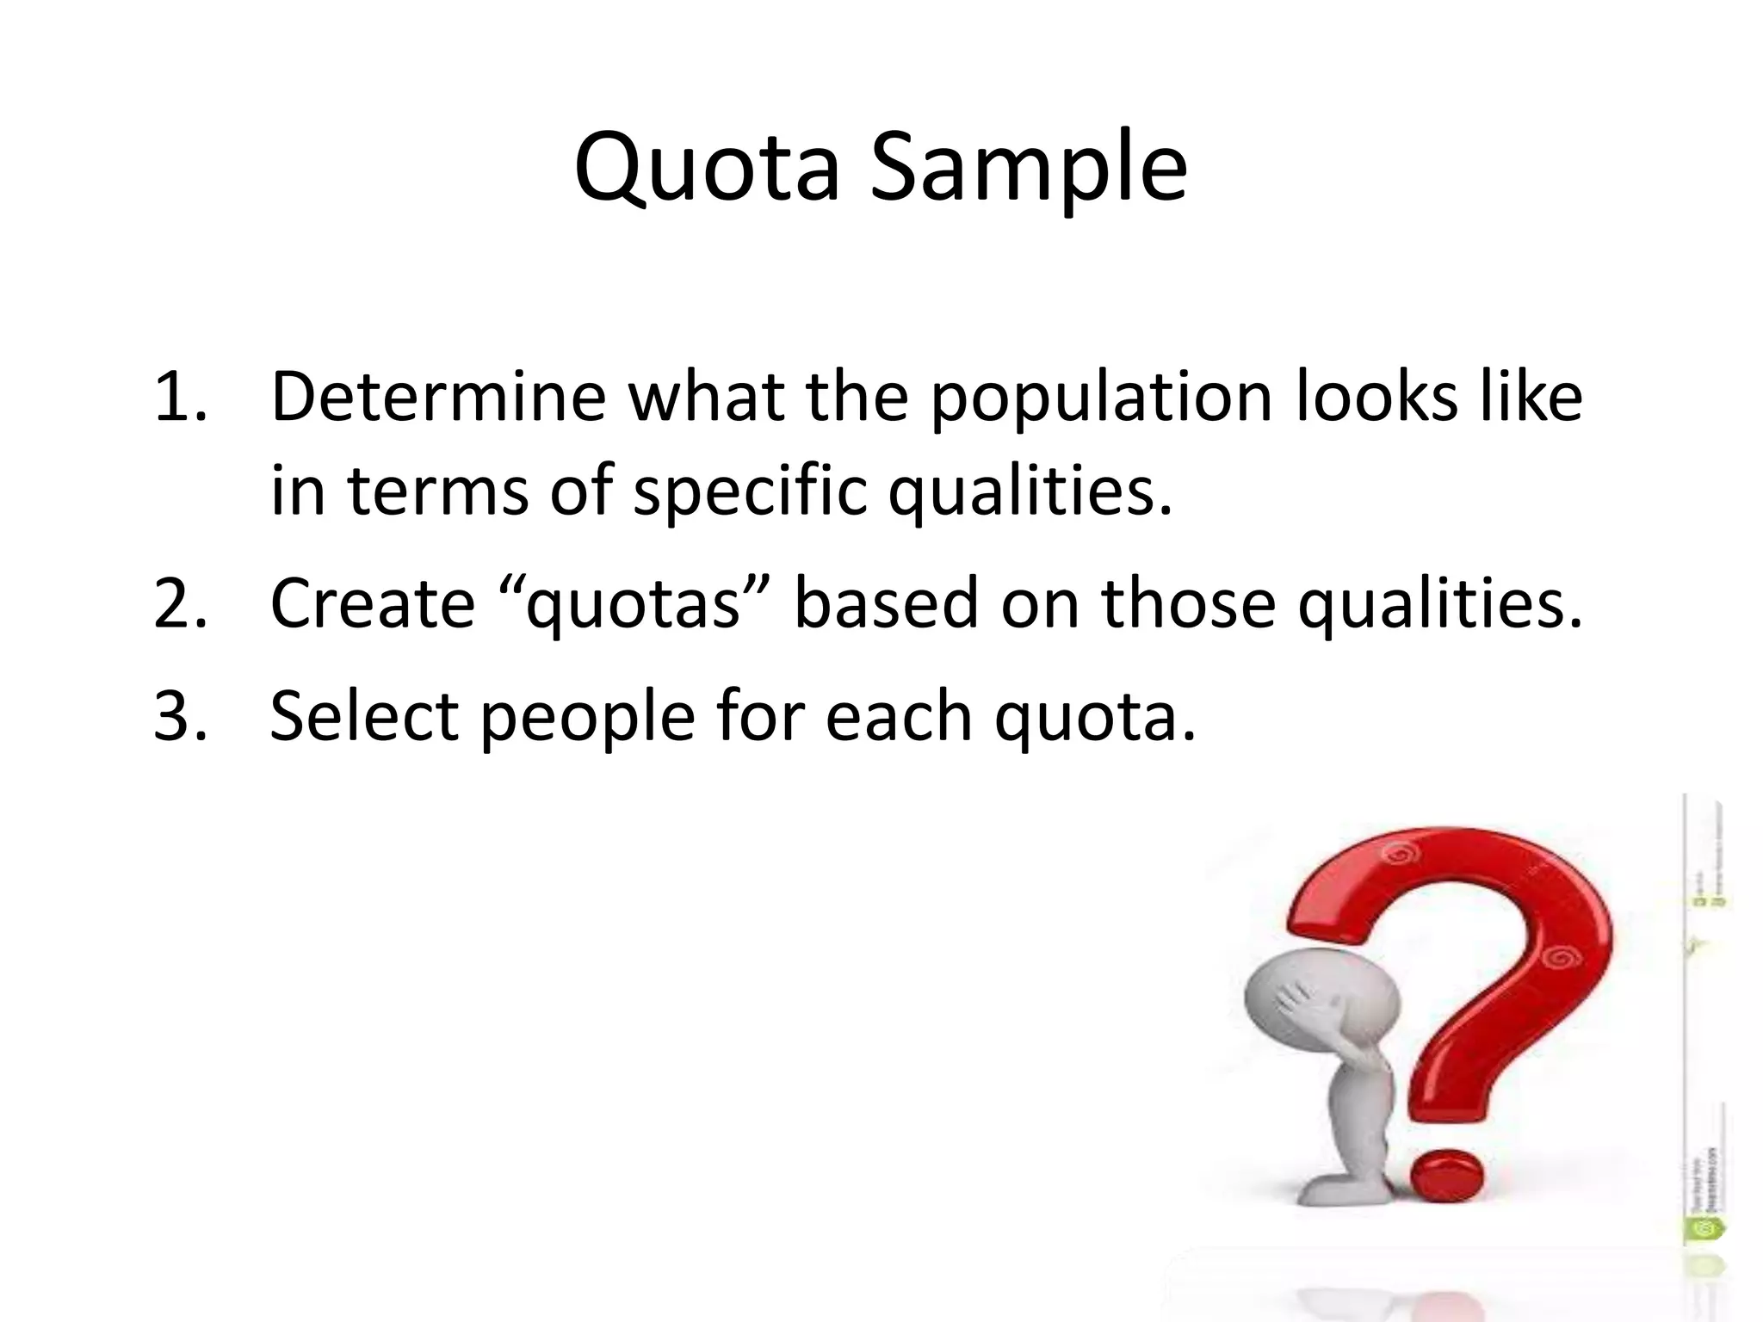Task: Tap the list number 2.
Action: pos(179,602)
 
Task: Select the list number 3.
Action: pos(179,715)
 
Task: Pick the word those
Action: pos(1187,602)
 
